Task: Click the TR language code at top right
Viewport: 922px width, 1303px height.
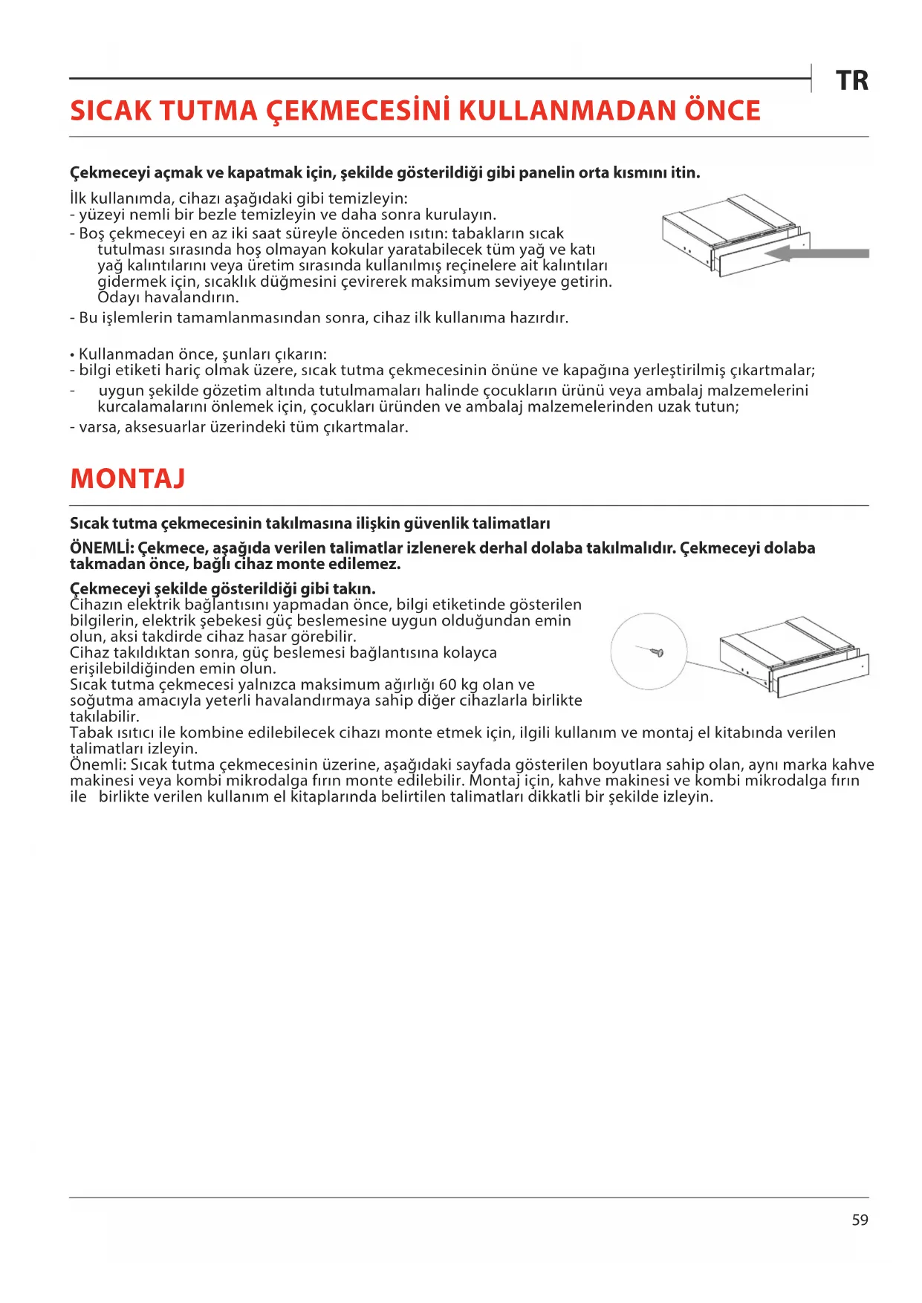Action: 851,81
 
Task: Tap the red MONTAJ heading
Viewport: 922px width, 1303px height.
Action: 127,479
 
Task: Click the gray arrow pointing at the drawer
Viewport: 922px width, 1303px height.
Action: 817,254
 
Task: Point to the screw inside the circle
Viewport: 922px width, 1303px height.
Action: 655,652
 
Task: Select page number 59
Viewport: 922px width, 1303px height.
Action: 860,1220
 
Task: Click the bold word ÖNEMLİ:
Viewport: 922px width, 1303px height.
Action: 102,548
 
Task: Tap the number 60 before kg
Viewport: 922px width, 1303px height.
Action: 447,685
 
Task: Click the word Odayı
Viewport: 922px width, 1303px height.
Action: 118,298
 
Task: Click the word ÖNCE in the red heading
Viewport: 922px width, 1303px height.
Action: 721,111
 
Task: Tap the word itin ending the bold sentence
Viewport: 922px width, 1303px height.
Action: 685,173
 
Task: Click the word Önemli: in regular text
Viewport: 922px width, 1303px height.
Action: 97,765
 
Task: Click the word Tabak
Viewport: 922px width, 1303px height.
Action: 91,733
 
